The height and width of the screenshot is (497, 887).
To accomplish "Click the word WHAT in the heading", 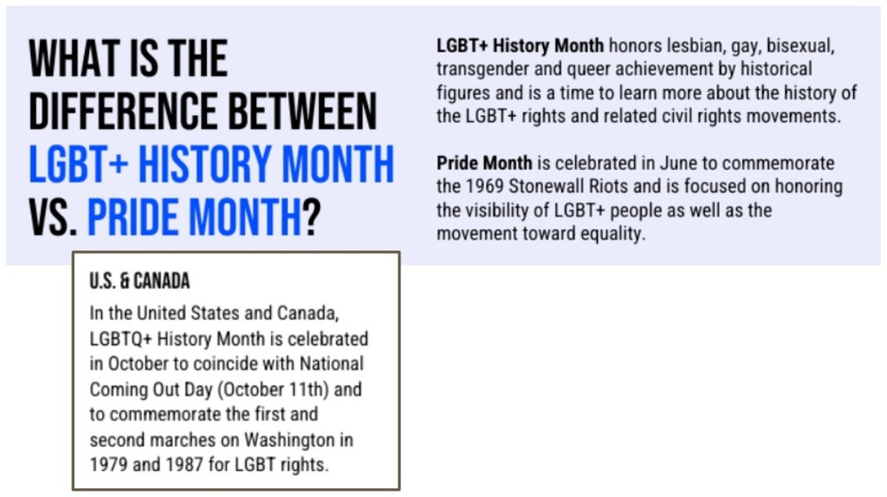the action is pos(71,59).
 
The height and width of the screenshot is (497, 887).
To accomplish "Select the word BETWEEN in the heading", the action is pos(302,111).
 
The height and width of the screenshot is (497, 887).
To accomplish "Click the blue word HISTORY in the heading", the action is pos(204,164).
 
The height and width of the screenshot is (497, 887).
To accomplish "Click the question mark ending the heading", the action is pos(312,217).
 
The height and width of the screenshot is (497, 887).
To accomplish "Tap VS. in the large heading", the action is pos(53,217).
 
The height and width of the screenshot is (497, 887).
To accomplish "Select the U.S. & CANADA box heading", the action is pos(139,281).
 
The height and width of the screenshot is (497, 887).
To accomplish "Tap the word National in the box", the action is pos(332,364).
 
